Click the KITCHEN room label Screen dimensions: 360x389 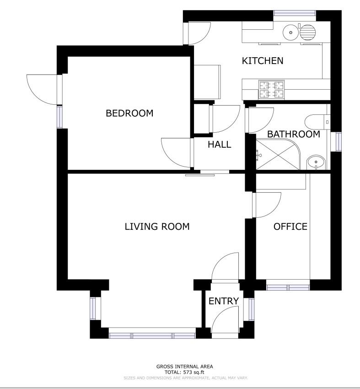pyautogui.click(x=263, y=61)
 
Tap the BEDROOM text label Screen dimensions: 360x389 pyautogui.click(x=129, y=113)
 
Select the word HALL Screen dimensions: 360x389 pyautogui.click(x=220, y=144)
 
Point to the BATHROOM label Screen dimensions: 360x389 pyautogui.click(x=294, y=134)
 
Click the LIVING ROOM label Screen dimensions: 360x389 pyautogui.click(x=157, y=227)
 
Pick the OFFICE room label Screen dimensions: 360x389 pyautogui.click(x=290, y=227)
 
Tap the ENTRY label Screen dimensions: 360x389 pyautogui.click(x=224, y=301)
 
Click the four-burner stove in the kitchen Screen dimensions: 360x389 pyautogui.click(x=271, y=89)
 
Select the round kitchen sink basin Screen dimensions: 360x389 pyautogui.click(x=291, y=32)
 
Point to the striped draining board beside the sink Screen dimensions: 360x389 pyautogui.click(x=308, y=32)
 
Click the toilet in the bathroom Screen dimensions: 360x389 pyautogui.click(x=317, y=122)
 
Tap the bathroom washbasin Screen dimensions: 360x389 pyautogui.click(x=316, y=162)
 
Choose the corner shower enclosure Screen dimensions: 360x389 pyautogui.click(x=278, y=154)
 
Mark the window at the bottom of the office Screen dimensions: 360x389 pyautogui.click(x=288, y=287)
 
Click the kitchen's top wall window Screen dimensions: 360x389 pyautogui.click(x=295, y=13)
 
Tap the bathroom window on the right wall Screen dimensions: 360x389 pyautogui.click(x=339, y=141)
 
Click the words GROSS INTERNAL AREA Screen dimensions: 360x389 pyautogui.click(x=184, y=367)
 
